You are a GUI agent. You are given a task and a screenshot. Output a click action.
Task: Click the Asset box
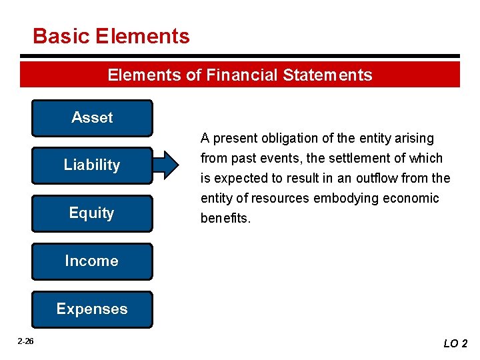(92, 118)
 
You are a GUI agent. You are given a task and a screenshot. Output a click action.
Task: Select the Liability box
(92, 165)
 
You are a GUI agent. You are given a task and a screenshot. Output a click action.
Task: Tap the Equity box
(92, 213)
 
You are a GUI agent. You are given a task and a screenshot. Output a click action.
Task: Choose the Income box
(92, 261)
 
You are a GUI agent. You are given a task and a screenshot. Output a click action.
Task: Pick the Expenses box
(92, 309)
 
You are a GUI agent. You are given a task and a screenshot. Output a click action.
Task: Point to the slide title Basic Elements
(111, 36)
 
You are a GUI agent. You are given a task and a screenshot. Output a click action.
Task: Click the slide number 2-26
(25, 341)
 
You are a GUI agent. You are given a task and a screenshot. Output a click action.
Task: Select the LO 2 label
(455, 344)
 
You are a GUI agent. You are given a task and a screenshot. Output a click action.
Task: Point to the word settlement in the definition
(341, 159)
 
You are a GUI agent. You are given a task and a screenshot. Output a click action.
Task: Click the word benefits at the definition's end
(225, 219)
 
